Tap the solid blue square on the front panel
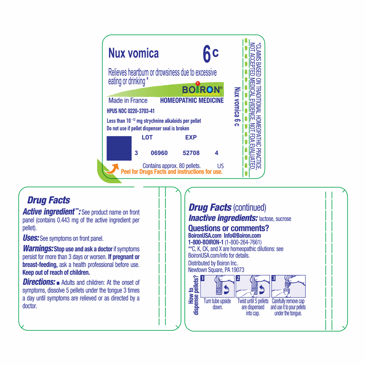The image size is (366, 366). [x=119, y=148]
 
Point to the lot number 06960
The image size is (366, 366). [x=159, y=153]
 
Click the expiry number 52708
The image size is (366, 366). [x=191, y=153]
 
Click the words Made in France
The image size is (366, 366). [x=128, y=101]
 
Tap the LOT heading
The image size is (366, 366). [x=147, y=138]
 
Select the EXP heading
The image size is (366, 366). [x=191, y=138]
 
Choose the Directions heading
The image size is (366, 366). [x=39, y=282]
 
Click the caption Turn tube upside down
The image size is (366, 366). [x=217, y=304]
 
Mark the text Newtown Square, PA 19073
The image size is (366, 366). [x=216, y=270]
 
